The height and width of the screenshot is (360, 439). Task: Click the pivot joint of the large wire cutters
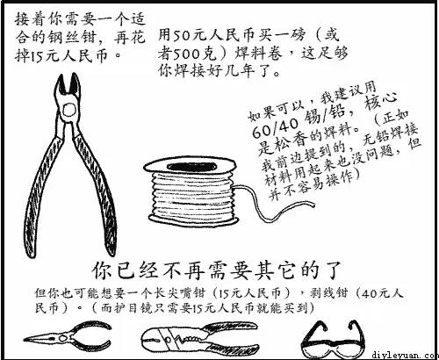coord(69,110)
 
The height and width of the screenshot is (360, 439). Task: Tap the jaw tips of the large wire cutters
coord(68,78)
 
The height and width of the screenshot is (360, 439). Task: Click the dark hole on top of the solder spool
coord(191,167)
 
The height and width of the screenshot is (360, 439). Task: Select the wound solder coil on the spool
coord(192,195)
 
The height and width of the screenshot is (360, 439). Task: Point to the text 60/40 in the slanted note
coord(275,126)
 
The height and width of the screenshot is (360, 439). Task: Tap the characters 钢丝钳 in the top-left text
coord(72,37)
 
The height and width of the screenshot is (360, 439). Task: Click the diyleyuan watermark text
coord(407,356)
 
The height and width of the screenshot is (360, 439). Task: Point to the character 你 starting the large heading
coord(102,270)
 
